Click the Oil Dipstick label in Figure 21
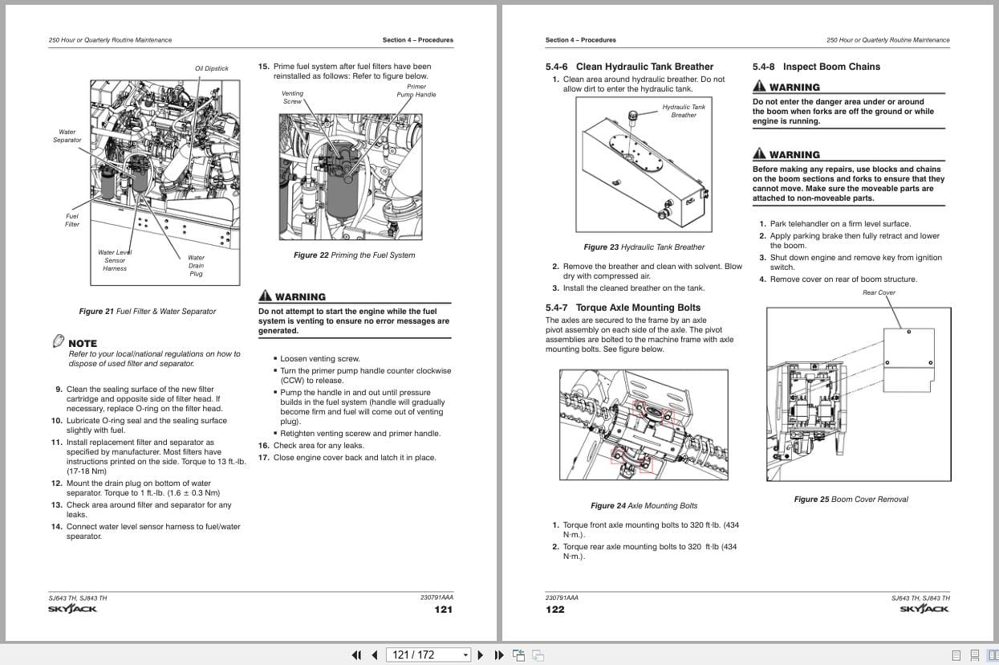pos(212,68)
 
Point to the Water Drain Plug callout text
pos(196,266)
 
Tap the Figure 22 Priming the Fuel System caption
pos(354,255)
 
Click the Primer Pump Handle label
pos(416,91)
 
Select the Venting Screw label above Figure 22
pos(292,97)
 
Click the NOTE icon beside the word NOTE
pos(58,341)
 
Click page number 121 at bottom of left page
pos(443,610)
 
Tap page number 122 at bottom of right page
pos(554,610)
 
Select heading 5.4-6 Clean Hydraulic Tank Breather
pos(629,67)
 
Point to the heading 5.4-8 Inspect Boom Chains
pos(816,67)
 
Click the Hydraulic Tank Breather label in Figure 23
pos(684,111)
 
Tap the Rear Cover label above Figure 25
pos(879,292)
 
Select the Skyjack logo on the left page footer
pos(72,609)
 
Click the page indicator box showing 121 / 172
pos(428,655)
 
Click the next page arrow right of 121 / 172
pos(481,655)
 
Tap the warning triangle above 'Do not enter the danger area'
pos(759,87)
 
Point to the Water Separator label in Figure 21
pos(67,136)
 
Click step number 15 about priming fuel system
pos(263,67)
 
